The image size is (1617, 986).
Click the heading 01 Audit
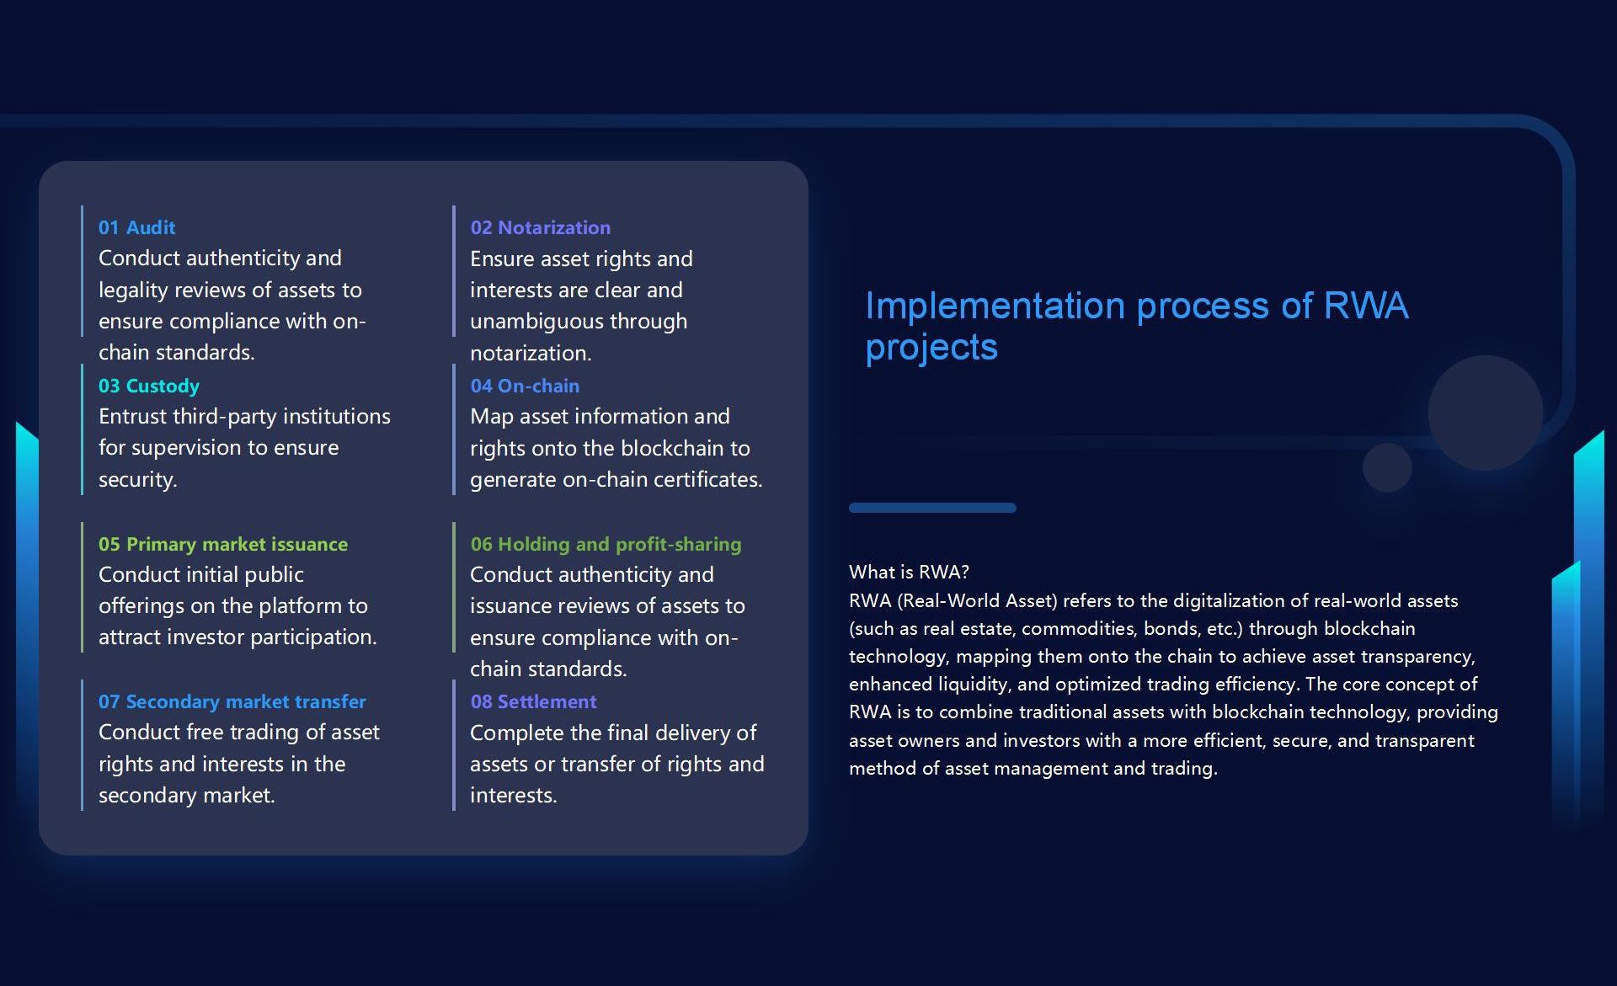click(x=136, y=227)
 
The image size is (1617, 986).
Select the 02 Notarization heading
click(x=540, y=227)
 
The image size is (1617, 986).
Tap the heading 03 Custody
click(x=148, y=386)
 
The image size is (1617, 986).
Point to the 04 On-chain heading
click(x=525, y=386)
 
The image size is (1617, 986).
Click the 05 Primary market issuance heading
click(x=223, y=544)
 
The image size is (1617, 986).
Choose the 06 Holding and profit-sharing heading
click(x=606, y=544)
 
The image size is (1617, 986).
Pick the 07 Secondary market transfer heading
click(x=232, y=701)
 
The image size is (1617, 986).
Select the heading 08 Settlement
click(x=533, y=701)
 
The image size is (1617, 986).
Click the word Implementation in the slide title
click(x=995, y=306)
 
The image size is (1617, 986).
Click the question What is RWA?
click(x=909, y=573)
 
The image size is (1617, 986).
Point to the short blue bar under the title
click(x=932, y=508)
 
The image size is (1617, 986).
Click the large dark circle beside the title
click(x=1486, y=413)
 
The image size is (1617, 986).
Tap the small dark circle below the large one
click(x=1387, y=467)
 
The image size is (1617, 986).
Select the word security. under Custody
click(x=138, y=480)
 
